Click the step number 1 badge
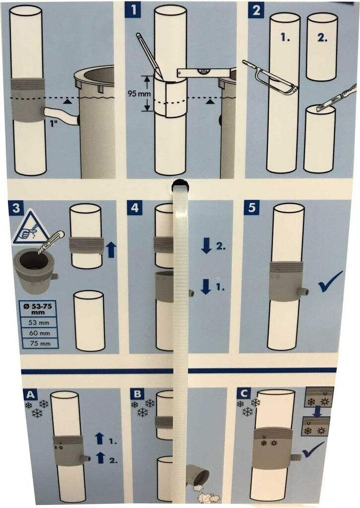pos(133,11)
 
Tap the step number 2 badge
pos(256,11)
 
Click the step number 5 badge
pos(251,208)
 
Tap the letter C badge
pos(243,393)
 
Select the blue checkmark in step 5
pos(330,282)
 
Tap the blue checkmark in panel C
pos(313,449)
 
